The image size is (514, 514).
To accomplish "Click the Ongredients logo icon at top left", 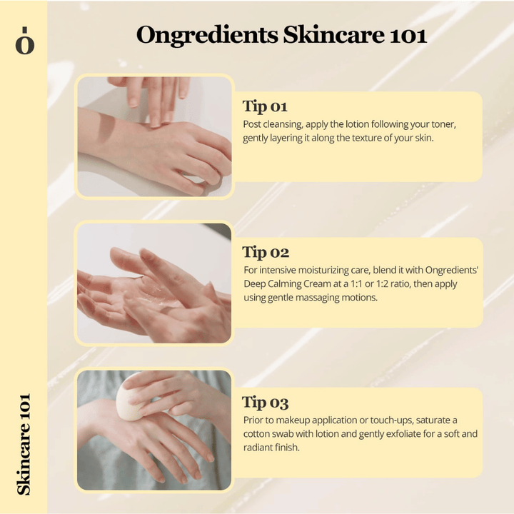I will [24, 41].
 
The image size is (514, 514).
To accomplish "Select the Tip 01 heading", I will [265, 107].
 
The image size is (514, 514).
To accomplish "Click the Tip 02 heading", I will [266, 252].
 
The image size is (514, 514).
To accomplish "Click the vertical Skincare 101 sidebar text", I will [24, 443].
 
